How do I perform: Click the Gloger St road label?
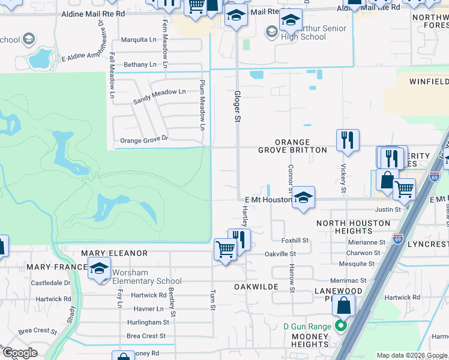[237, 107]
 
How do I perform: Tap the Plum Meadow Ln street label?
[202, 104]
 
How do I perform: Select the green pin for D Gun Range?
[341, 327]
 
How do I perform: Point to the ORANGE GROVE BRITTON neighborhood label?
[292, 146]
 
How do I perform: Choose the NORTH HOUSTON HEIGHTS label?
[345, 227]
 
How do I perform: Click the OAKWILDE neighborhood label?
[256, 287]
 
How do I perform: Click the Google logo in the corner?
[20, 353]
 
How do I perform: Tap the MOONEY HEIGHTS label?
[310, 340]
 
